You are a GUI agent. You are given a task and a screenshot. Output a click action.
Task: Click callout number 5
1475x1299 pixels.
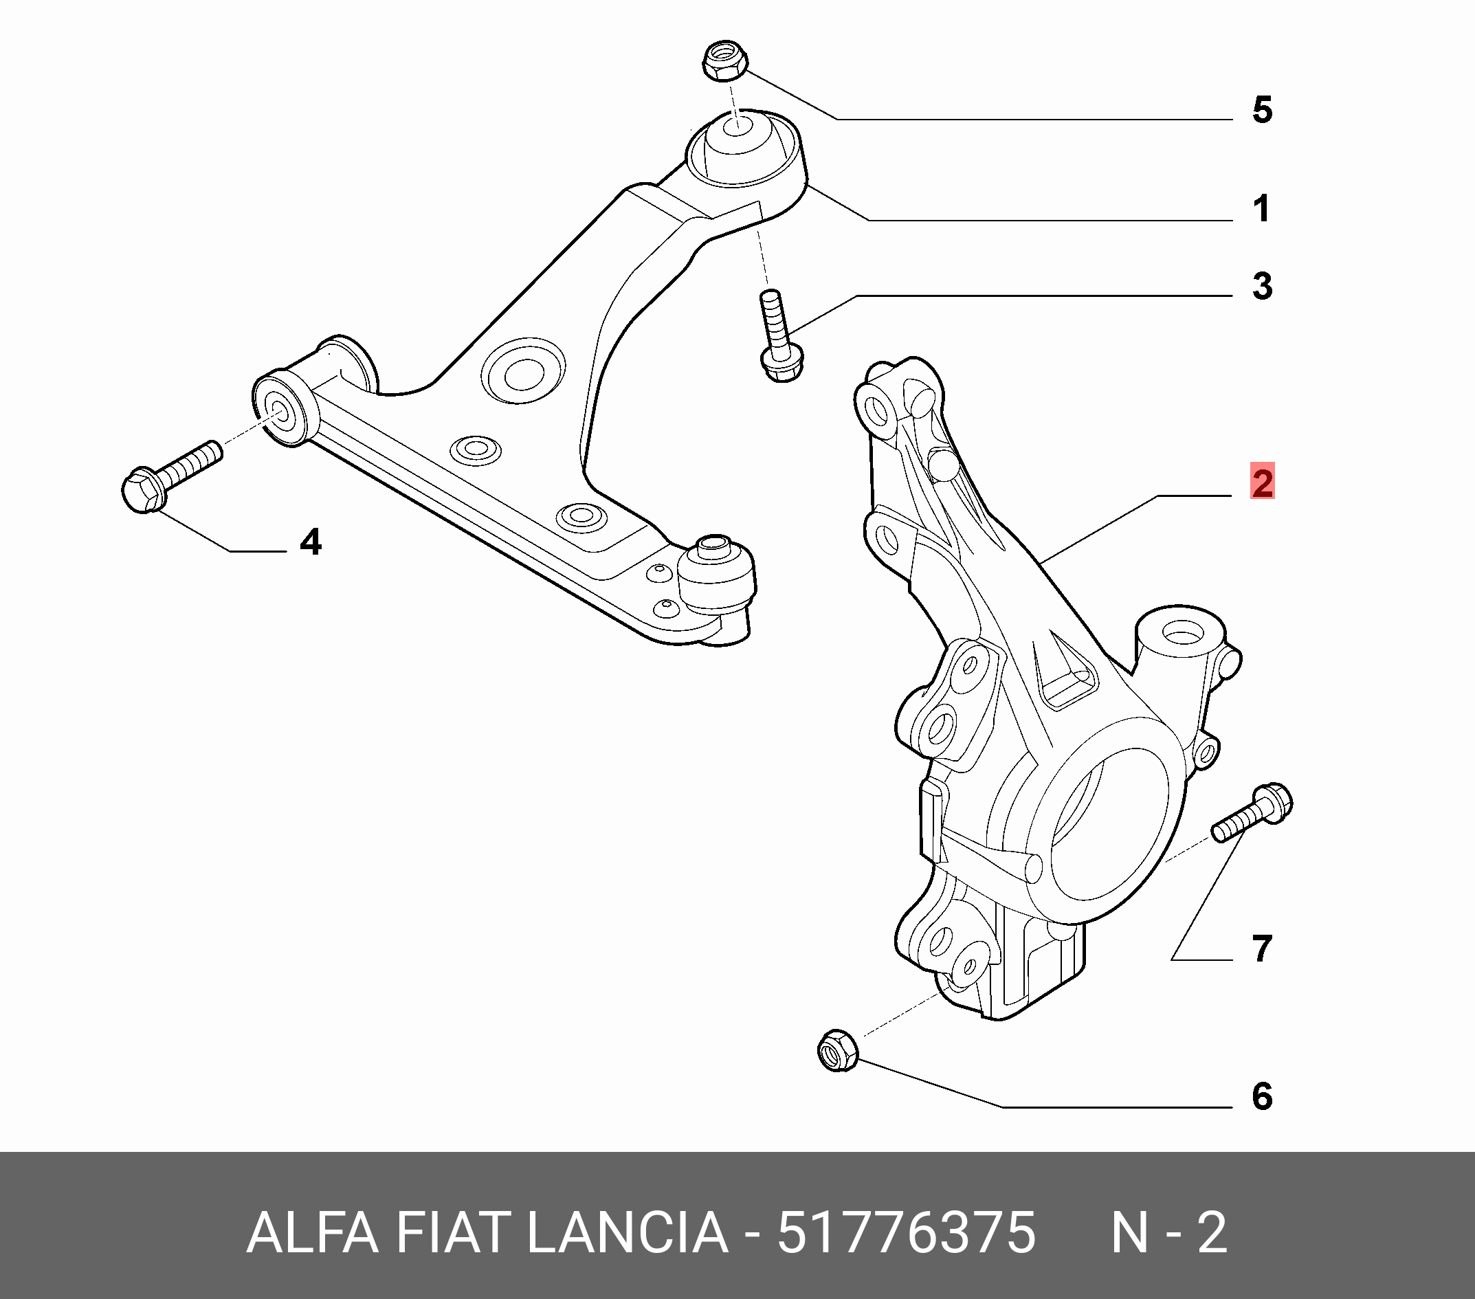pos(1262,111)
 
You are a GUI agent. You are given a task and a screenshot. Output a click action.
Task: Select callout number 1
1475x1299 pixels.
pos(1261,209)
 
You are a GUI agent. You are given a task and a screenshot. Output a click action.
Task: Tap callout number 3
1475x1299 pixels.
pos(1262,286)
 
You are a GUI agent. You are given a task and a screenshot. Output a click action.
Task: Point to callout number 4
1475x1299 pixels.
pos(310,542)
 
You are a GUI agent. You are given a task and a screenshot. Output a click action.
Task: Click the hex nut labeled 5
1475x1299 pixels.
pos(724,61)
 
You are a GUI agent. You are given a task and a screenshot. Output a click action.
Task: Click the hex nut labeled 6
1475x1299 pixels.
pos(838,1051)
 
